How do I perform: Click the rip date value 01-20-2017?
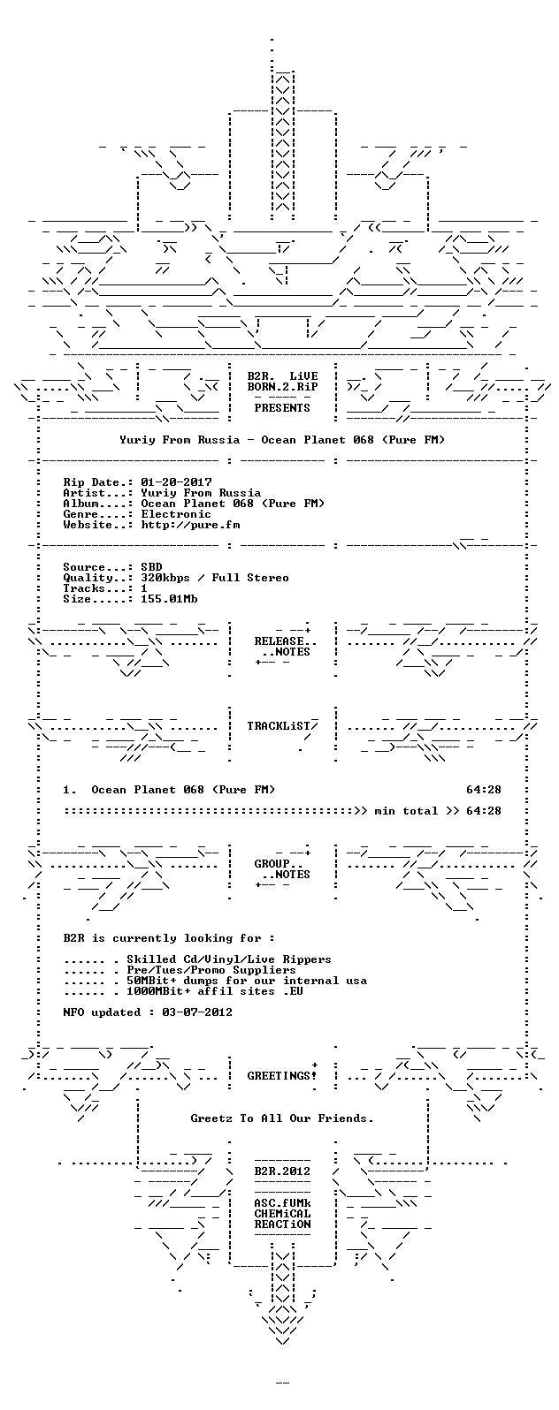point(177,482)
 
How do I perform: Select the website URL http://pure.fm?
point(190,525)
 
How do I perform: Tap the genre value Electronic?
point(176,513)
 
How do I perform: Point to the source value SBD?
point(151,567)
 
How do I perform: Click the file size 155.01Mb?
point(169,599)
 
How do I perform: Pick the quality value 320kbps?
point(165,578)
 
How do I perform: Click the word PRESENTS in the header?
point(282,408)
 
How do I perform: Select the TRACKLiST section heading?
point(279,726)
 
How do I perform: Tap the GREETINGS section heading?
point(279,1076)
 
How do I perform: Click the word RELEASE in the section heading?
point(279,641)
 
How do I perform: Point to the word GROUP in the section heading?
point(272,864)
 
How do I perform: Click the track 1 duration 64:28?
point(483,789)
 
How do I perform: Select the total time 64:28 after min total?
point(483,811)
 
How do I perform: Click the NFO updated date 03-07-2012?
point(197,1012)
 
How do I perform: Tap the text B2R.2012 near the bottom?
point(282,1171)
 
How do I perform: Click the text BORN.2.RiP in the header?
point(282,386)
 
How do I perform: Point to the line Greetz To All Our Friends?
point(282,1118)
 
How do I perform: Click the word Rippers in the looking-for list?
point(307,959)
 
